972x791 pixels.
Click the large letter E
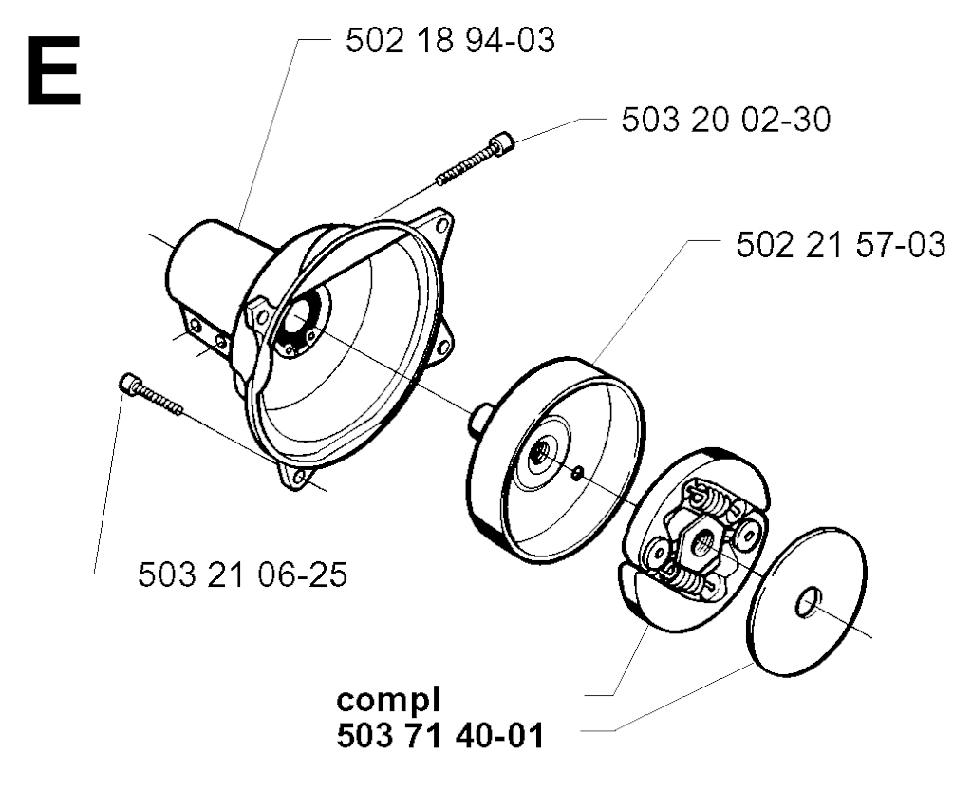[x=54, y=70]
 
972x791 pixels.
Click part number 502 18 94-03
[x=449, y=41]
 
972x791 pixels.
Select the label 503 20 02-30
[x=726, y=120]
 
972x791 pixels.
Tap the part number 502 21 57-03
[x=841, y=244]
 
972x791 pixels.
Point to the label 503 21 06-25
[x=242, y=574]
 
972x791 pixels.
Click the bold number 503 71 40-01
[x=440, y=737]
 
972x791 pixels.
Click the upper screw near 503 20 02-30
[x=476, y=159]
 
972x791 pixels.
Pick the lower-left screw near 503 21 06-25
[x=151, y=394]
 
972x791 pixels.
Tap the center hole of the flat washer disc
[x=809, y=603]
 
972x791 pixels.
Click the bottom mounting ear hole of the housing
[x=299, y=477]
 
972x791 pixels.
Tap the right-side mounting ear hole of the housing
[x=443, y=344]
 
